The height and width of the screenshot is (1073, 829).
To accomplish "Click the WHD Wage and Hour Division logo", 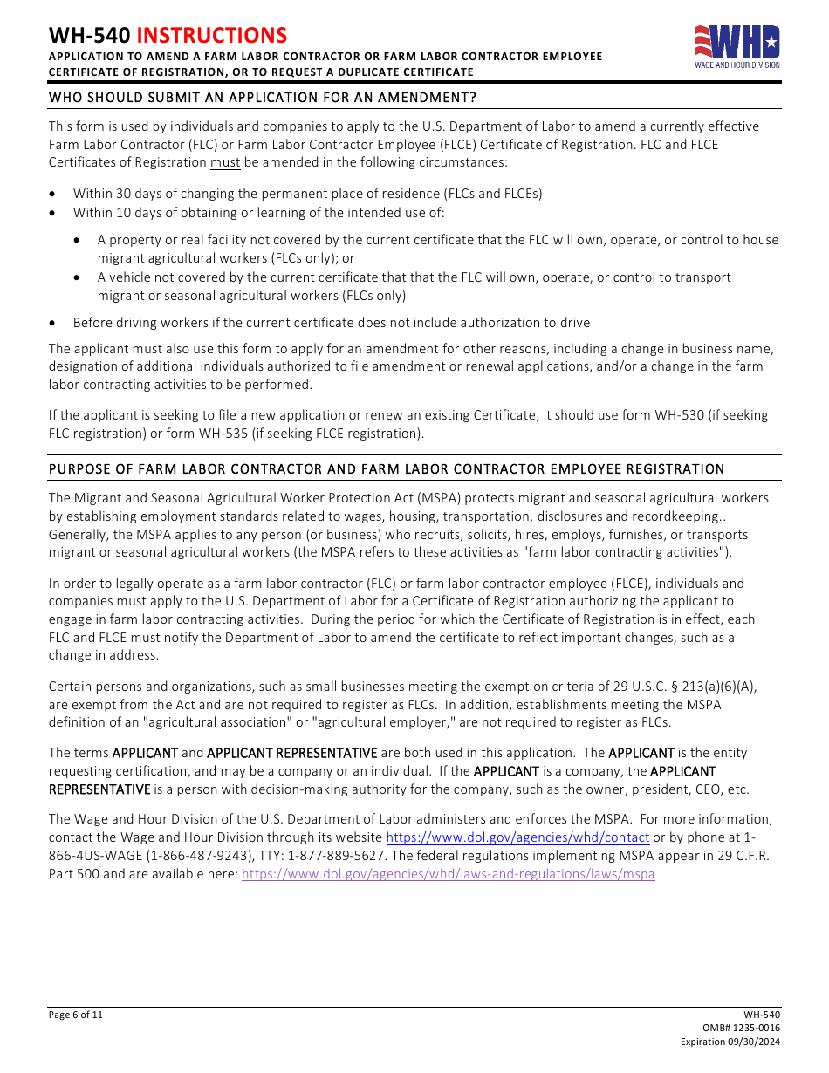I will click(737, 47).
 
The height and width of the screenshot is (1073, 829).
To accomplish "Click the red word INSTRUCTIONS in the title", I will click(212, 35).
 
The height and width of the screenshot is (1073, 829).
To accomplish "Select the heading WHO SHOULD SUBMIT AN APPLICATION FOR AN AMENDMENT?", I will click(262, 97).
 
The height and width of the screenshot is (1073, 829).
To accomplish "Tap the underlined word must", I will click(225, 163).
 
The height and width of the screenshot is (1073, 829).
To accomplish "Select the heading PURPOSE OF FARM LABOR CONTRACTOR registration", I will click(386, 469).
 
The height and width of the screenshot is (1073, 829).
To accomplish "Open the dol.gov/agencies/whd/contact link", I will click(517, 837).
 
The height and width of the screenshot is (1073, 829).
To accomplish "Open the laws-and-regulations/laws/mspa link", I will click(448, 874).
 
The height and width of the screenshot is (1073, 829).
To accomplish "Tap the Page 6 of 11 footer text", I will click(76, 1015).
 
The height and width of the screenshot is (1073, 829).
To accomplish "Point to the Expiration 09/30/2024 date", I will click(730, 1042).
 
